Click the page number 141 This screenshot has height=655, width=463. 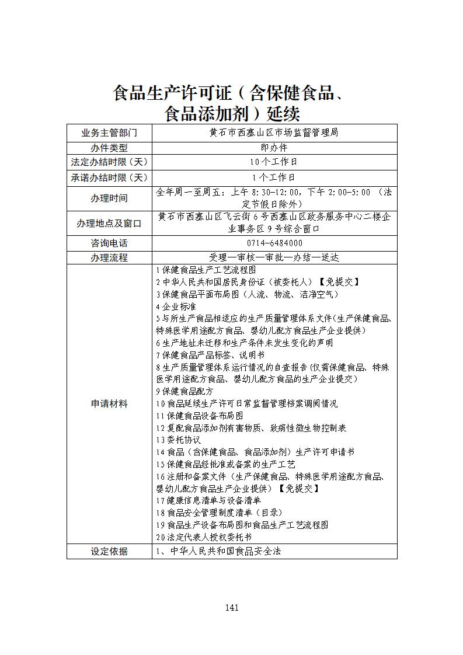coord(232,608)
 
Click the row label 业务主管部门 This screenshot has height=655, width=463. coord(109,133)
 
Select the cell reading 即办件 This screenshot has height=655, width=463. coord(274,148)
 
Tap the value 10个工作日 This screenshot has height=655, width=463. coord(274,162)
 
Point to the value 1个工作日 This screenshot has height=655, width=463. coord(274,177)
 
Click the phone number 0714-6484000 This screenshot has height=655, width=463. coord(274,243)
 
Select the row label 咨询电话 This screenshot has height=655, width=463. coord(109,243)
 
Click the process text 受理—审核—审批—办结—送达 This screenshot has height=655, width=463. coord(274,257)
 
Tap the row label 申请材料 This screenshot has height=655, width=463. coord(109,403)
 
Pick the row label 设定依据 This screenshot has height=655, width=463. coord(109,551)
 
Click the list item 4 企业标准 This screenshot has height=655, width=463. coord(176,306)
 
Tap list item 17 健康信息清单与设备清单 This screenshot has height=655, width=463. coord(208,500)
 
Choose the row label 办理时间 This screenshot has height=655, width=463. coord(109,198)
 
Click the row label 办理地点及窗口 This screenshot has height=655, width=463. coord(109,224)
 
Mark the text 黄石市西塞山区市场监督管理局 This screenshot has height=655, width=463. coord(274,133)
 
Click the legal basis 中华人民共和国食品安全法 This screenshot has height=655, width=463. coord(225,551)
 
